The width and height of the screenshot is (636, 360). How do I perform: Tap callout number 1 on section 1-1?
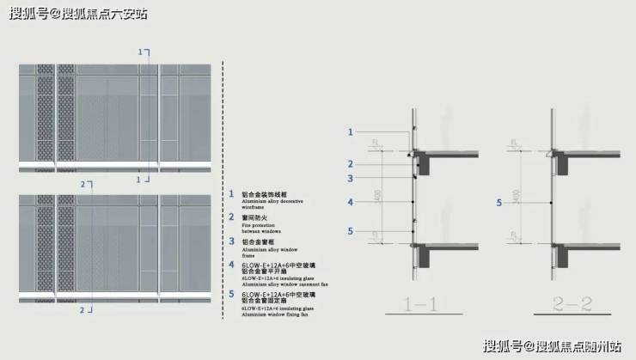click(351, 131)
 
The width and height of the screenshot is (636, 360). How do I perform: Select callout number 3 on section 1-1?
click(351, 178)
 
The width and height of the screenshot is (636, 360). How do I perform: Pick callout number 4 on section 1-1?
click(351, 203)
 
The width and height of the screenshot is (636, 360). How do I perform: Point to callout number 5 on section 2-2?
click(498, 203)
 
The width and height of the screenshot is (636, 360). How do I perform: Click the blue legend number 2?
click(230, 218)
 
